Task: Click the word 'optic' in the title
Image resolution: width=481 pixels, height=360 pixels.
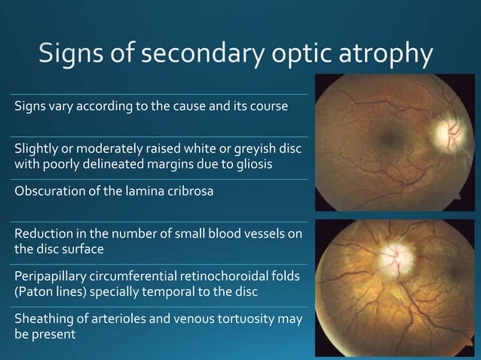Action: (x=290, y=55)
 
